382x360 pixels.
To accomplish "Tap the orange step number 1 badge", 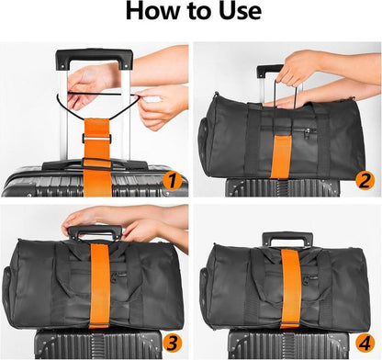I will [170, 181].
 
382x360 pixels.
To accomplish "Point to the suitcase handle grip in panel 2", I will [272, 70].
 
